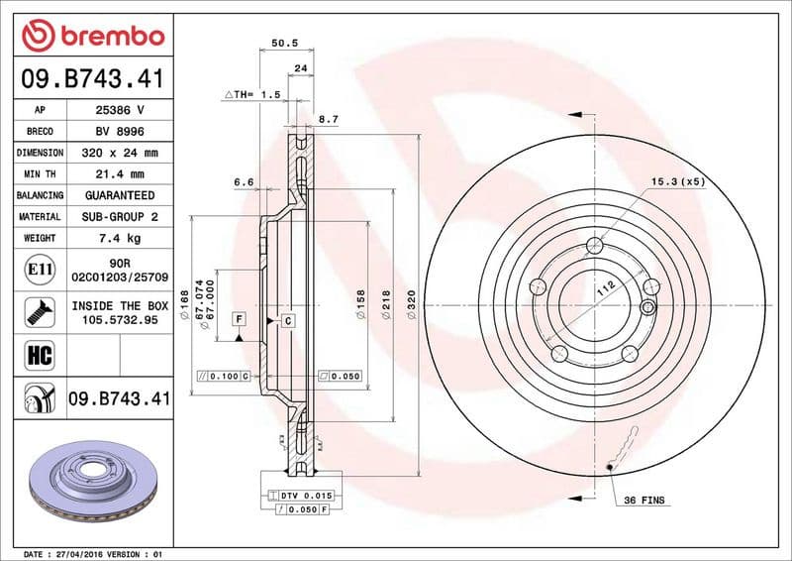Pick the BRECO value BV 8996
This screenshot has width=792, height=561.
[x=119, y=132]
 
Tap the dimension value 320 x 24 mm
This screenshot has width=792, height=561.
[x=119, y=154]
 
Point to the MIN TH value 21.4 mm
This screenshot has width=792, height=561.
[x=119, y=174]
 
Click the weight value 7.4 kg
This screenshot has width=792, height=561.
[x=119, y=238]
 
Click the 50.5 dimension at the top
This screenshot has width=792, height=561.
[x=285, y=43]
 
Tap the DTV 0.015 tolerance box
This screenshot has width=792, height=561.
[x=302, y=493]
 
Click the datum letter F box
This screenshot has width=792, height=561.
[x=239, y=318]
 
